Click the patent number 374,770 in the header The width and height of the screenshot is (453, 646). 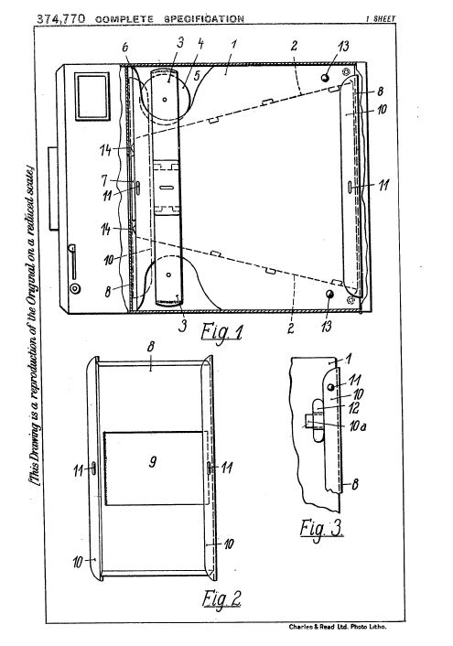tap(61, 18)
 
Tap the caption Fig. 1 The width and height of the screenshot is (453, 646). tap(221, 331)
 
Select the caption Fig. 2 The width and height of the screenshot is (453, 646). tap(221, 598)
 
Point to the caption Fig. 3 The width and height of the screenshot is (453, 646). tap(321, 528)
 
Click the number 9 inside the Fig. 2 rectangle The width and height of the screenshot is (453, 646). tap(153, 461)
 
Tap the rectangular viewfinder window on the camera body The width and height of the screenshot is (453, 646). tap(92, 96)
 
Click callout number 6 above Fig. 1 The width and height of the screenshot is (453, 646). tap(124, 47)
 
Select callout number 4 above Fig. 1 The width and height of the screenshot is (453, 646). tap(200, 44)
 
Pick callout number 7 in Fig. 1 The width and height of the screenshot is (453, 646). tap(104, 180)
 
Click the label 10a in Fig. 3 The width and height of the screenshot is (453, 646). tap(358, 426)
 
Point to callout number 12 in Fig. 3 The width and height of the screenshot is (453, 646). tap(353, 408)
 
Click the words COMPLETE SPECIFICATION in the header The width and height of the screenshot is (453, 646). tap(169, 19)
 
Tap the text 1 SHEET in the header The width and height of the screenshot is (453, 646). tap(380, 18)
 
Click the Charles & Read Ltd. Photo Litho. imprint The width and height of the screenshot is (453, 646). tap(338, 627)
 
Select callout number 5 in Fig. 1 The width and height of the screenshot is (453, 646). tap(197, 75)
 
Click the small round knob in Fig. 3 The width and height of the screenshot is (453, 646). tap(330, 387)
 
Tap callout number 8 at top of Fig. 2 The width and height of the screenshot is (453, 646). tap(151, 347)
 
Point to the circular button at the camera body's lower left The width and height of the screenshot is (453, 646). tap(75, 288)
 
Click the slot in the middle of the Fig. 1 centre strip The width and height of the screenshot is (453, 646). tap(167, 188)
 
